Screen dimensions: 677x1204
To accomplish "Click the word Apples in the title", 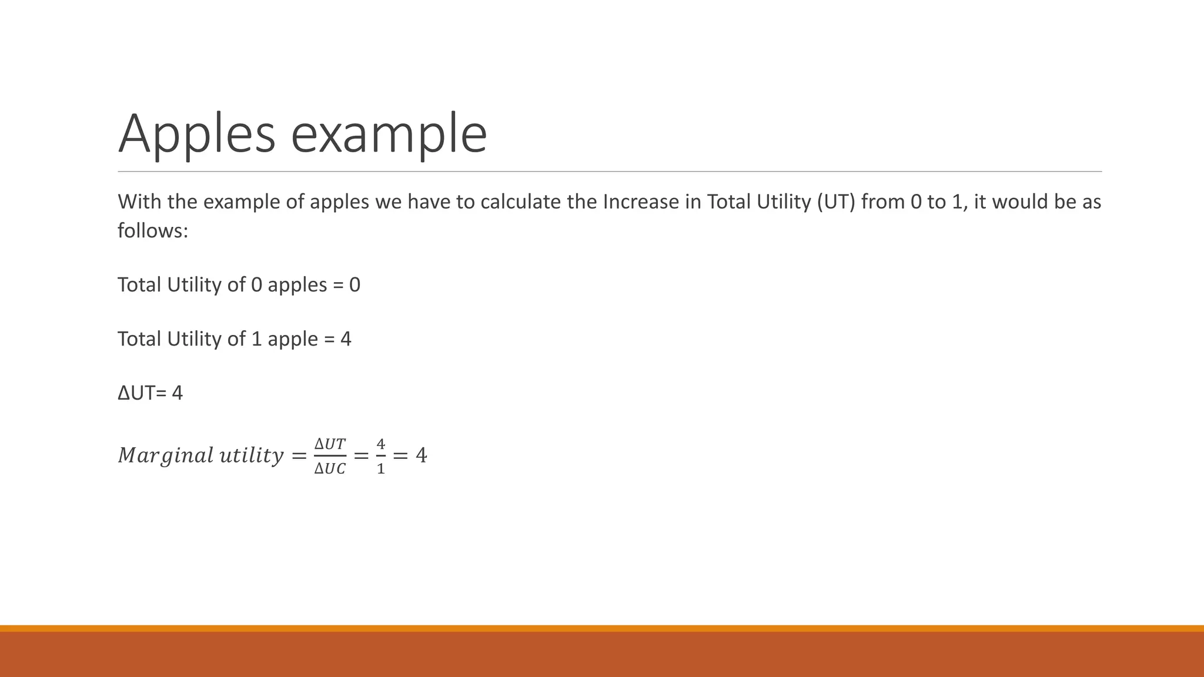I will (196, 134).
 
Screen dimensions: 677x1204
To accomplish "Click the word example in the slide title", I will (389, 134).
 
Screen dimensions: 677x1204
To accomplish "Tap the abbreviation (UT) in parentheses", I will (835, 202).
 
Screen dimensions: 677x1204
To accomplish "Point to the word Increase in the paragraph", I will (641, 202).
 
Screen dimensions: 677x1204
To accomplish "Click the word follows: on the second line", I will (153, 230).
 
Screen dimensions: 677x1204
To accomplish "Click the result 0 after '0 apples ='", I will (354, 285).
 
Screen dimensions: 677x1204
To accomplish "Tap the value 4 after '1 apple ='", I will (346, 339).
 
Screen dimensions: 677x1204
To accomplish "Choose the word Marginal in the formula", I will (165, 455).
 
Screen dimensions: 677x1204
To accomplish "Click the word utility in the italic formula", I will (251, 455).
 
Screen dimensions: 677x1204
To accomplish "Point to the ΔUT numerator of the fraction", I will (330, 444).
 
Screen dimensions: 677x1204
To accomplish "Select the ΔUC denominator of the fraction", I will (330, 469).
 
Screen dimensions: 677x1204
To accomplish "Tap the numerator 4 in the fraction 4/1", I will (381, 444).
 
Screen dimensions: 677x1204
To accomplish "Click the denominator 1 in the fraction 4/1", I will (381, 469).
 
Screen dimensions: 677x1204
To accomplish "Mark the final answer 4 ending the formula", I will (421, 455).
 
